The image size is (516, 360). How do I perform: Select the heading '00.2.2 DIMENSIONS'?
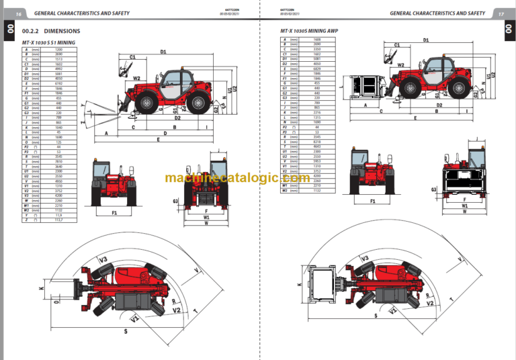51,32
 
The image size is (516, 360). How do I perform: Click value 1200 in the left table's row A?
58,50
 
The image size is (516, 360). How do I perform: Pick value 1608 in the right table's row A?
317,40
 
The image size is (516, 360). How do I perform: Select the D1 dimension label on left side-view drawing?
163,52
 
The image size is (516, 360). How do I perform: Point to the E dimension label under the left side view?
158,140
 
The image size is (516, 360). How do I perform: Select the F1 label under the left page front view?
114,213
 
